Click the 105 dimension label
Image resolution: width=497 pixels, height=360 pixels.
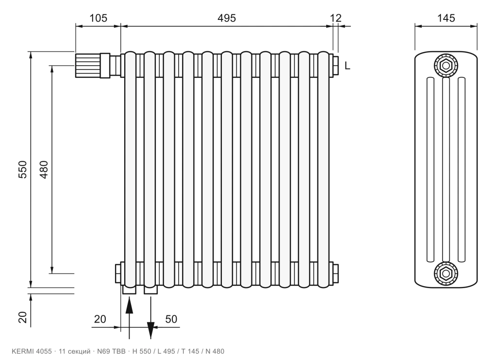[98, 18]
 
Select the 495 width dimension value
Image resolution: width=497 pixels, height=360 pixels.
[227, 18]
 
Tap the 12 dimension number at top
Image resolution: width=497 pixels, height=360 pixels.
[336, 18]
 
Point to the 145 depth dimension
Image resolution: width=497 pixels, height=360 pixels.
[446, 18]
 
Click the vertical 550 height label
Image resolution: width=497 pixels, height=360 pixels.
[23, 170]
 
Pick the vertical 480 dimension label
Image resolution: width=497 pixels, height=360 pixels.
[44, 170]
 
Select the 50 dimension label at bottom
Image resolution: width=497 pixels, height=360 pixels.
[171, 319]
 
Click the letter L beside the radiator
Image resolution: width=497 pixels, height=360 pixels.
[348, 66]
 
